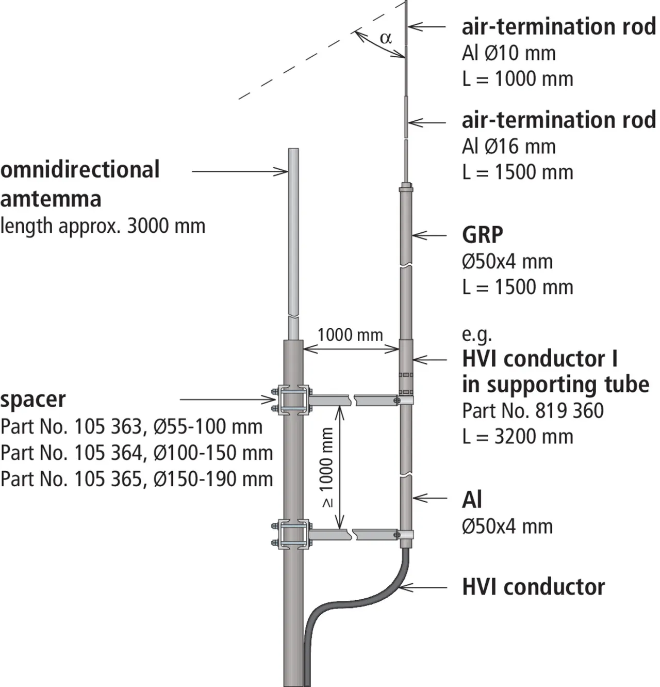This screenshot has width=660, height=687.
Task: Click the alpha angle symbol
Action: click(386, 38)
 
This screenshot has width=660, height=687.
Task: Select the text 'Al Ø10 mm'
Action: click(508, 53)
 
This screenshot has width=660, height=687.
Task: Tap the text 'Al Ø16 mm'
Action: click(508, 147)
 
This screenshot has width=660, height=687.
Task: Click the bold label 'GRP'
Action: click(482, 235)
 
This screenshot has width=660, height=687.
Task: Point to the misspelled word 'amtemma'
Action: click(51, 199)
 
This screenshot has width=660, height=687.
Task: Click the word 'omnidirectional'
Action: click(80, 170)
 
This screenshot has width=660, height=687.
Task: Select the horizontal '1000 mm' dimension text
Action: click(350, 335)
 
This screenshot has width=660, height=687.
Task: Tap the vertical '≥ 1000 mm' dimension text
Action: click(327, 468)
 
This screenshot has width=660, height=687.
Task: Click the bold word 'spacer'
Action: click(33, 400)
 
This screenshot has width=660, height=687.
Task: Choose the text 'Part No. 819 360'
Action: click(533, 411)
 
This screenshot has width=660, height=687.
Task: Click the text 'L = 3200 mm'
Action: click(517, 437)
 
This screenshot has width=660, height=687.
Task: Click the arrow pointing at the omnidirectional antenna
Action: click(240, 171)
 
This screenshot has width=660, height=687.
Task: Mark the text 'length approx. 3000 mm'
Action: click(103, 226)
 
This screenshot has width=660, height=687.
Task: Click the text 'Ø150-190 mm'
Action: click(213, 480)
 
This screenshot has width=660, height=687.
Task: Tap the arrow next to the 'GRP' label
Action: click(430, 235)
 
